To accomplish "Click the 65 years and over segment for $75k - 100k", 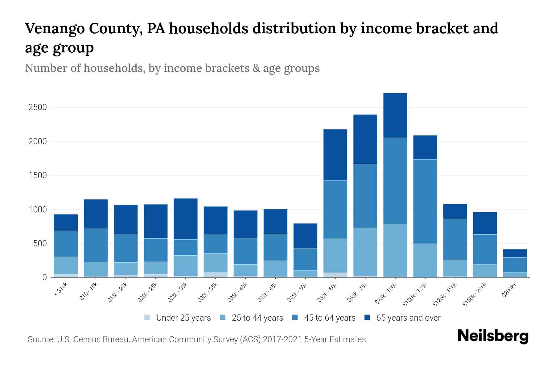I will coord(395,115).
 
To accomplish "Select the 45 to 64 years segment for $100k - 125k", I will coord(425,201).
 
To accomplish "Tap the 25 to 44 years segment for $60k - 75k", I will coord(365,252).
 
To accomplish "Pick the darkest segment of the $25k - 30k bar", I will coord(186,219).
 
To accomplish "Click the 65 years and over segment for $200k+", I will coord(515,253).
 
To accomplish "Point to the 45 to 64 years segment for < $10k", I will coord(66,244).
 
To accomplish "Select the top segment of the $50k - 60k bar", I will coord(335,155).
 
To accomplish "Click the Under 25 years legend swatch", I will coord(147,318).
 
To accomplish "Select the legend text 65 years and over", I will coord(408,318).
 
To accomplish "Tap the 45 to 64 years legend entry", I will coord(329,318).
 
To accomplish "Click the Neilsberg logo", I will coord(492,336).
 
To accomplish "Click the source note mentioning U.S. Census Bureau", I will coord(197,339).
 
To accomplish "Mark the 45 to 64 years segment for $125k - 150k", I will coord(455,239).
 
